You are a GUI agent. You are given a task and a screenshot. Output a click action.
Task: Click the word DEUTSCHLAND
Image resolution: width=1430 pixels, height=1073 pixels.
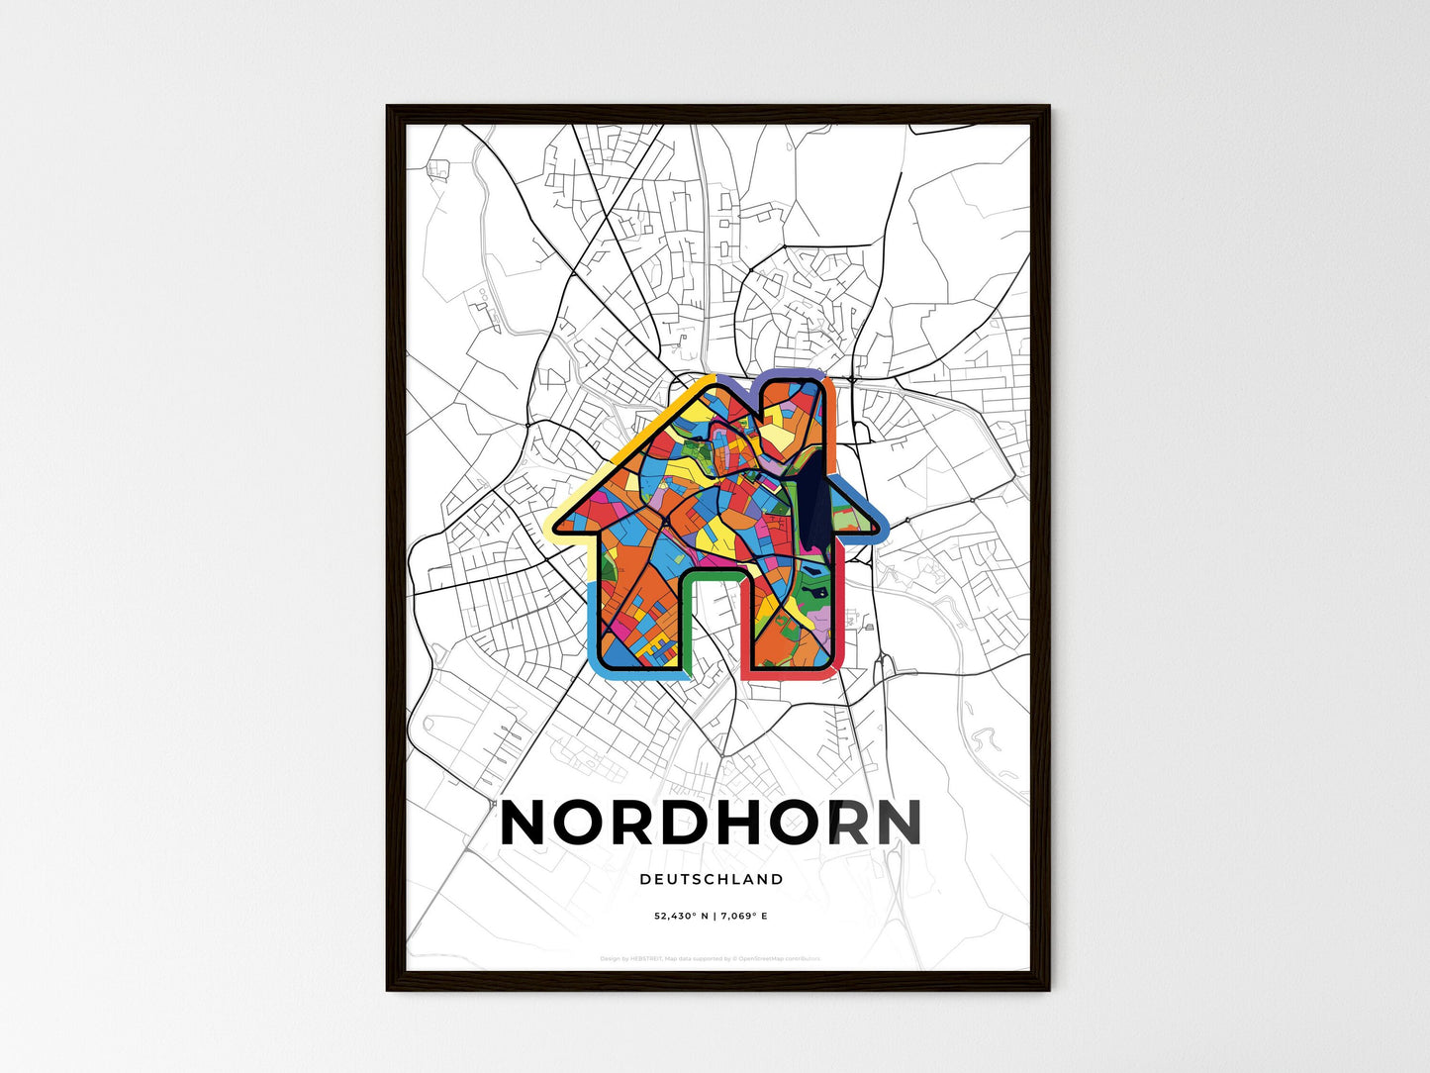(712, 879)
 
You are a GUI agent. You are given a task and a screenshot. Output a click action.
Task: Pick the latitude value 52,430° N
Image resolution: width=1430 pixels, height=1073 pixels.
(682, 917)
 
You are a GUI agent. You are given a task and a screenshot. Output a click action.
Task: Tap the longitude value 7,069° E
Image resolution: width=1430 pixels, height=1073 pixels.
(745, 917)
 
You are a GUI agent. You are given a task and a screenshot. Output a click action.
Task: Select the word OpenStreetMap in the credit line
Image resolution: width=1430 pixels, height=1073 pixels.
(769, 958)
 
